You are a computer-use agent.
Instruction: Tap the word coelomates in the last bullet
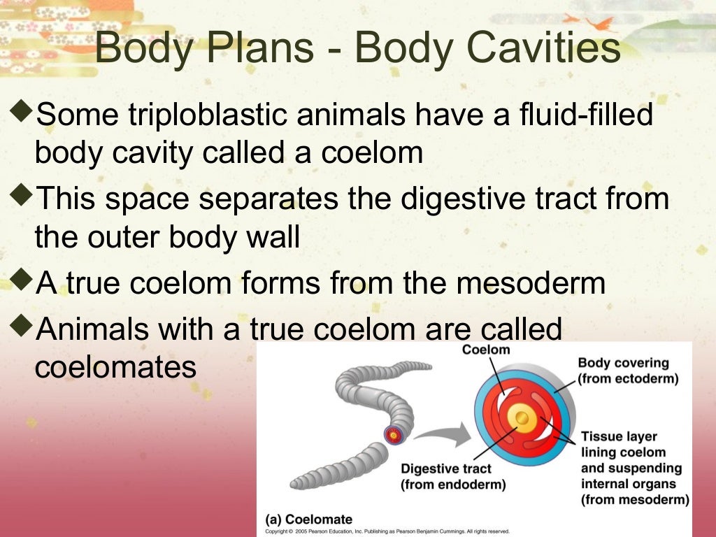point(115,366)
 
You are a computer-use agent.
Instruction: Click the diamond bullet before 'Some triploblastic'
point(22,110)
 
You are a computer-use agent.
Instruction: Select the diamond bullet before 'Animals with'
point(22,323)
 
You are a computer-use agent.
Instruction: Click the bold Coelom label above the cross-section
point(486,350)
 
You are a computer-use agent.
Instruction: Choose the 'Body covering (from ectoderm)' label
point(628,371)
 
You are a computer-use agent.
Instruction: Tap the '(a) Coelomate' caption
point(308,520)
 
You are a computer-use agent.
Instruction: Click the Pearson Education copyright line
point(387,531)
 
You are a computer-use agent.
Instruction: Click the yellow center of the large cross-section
point(521,419)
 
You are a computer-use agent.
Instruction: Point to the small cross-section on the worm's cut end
point(394,435)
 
